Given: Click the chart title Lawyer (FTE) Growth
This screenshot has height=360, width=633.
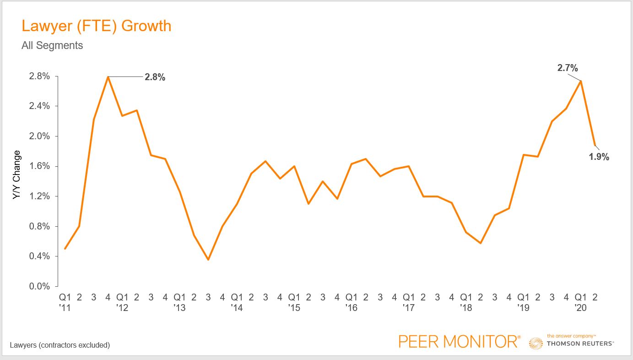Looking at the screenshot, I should click(x=96, y=26).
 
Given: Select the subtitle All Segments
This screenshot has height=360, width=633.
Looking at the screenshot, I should click(x=52, y=45).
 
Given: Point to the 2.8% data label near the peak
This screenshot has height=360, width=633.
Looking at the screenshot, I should click(x=155, y=77).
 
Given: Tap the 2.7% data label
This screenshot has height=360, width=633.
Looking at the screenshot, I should click(x=568, y=68).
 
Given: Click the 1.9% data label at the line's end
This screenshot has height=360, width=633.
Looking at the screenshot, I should click(x=599, y=157).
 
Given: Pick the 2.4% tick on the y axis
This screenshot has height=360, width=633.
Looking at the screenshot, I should click(x=39, y=106).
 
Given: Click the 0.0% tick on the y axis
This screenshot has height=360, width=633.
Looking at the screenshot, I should click(x=39, y=286).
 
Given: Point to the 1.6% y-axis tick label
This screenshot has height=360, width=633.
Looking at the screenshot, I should click(x=39, y=166).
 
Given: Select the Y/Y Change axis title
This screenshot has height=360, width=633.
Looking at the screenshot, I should click(x=16, y=175).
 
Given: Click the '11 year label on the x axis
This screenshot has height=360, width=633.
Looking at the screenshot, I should click(x=65, y=308).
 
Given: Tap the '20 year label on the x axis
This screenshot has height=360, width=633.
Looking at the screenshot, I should click(x=580, y=308).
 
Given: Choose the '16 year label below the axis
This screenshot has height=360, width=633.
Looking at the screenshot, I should click(x=351, y=308).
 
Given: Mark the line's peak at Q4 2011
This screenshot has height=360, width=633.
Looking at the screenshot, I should click(x=108, y=76).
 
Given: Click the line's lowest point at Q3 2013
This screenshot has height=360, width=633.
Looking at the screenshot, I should click(x=208, y=260).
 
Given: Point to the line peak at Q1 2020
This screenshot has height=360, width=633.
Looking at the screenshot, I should click(x=580, y=81).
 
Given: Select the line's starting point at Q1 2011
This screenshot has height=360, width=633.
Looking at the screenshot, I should click(x=65, y=249).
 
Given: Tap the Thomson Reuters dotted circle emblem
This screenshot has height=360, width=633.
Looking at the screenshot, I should click(x=536, y=343).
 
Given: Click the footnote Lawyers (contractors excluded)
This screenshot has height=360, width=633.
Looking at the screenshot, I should click(x=60, y=345).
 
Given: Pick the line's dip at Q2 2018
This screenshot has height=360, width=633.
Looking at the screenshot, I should click(x=480, y=243).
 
